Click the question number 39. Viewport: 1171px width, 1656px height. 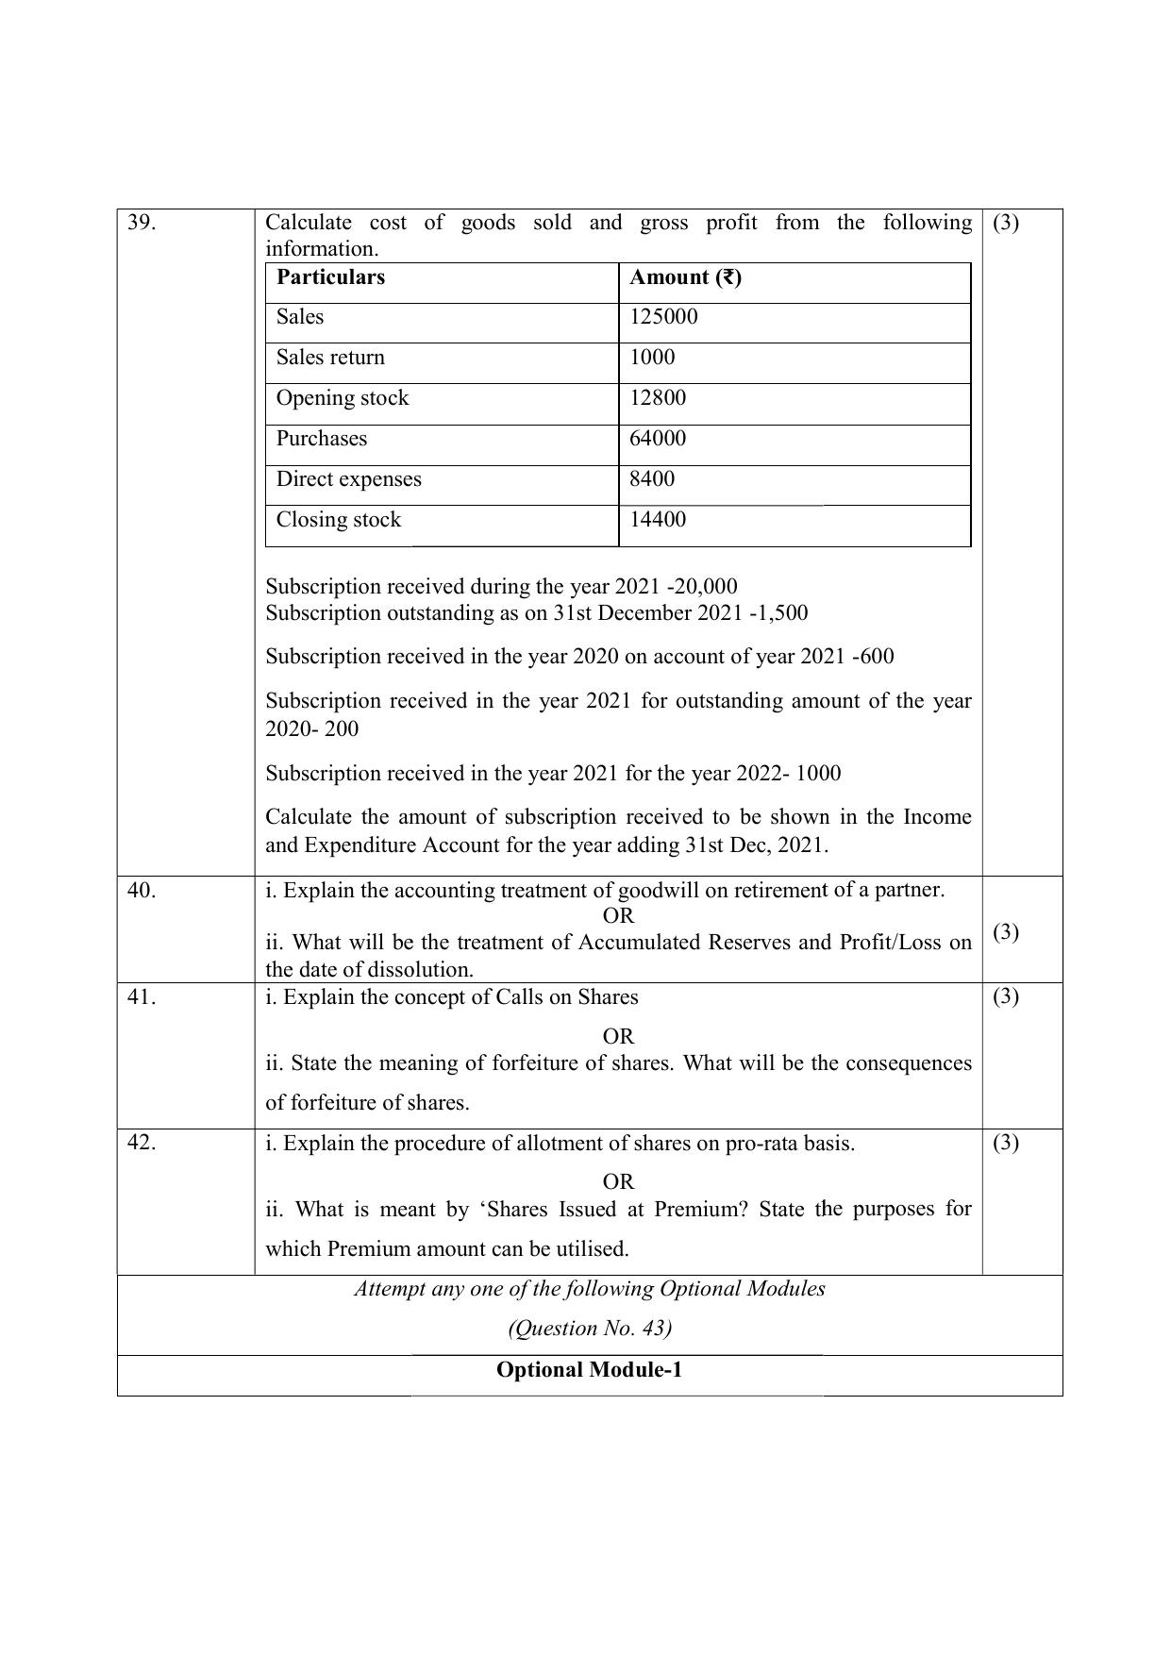point(141,223)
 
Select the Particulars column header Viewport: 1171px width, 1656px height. point(330,277)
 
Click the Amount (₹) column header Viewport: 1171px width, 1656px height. point(685,277)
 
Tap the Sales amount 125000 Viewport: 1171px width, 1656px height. point(663,317)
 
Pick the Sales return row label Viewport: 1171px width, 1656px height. point(330,358)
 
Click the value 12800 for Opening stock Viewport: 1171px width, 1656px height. point(658,398)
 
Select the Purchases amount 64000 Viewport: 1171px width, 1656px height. point(658,439)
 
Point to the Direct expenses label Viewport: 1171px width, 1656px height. point(348,479)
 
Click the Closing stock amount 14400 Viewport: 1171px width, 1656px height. point(658,520)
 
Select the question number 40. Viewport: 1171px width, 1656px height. point(141,890)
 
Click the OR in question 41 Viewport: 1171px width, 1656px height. point(618,1036)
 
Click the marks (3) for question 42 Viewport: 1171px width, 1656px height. point(1006,1143)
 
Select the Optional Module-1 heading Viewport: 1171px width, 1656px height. point(589,1370)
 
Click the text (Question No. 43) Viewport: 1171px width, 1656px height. point(589,1329)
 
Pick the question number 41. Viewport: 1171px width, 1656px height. point(141,997)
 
